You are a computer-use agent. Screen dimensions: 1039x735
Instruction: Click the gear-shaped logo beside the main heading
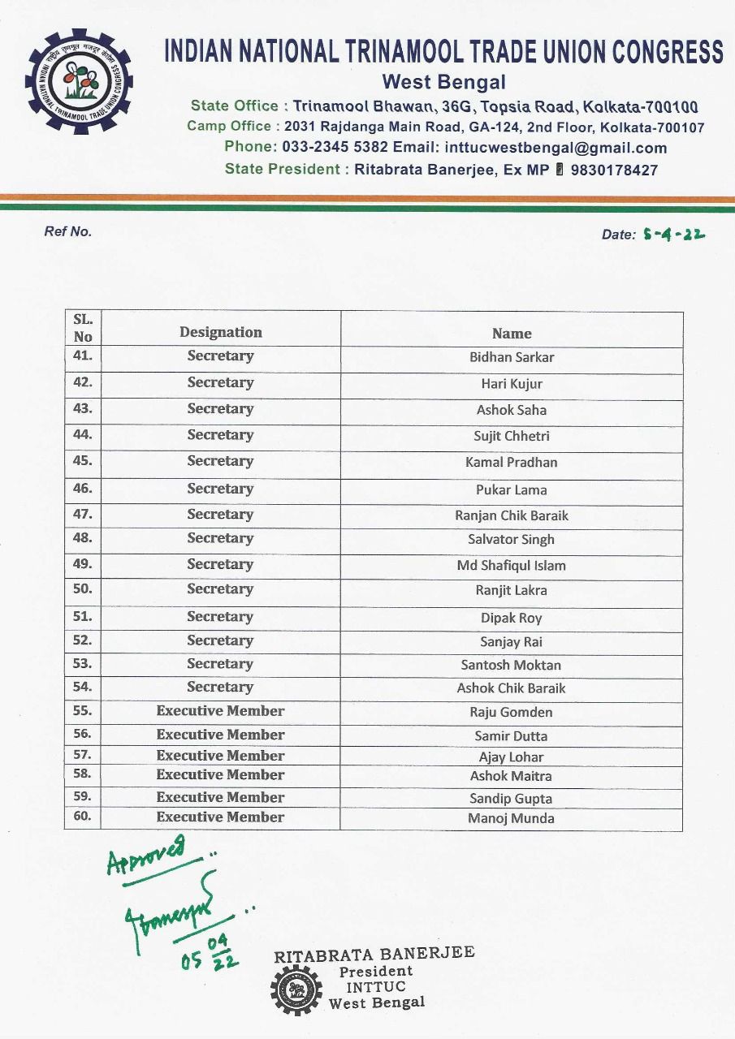pos(79,81)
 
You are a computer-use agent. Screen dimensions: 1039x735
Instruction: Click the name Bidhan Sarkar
pos(512,357)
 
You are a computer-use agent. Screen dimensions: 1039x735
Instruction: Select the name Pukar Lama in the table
pos(512,489)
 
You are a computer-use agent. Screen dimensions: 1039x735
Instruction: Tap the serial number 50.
pos(83,589)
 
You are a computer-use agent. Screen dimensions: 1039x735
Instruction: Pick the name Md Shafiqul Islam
pos(512,566)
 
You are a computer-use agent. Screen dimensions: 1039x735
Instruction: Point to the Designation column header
pos(221,332)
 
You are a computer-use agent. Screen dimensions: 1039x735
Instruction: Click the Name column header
pos(512,333)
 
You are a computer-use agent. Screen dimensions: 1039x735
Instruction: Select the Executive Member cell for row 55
pos(221,711)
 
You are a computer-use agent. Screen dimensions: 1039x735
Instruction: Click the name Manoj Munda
pos(512,818)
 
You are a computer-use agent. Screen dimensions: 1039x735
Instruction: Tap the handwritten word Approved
pos(146,855)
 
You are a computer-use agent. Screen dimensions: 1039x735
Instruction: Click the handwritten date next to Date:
pos(673,234)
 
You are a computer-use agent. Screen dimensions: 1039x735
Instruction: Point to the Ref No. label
pos(68,231)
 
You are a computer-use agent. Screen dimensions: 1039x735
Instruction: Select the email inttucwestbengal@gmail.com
pos(556,148)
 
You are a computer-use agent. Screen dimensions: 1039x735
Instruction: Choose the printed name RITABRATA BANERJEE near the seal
pos(374,955)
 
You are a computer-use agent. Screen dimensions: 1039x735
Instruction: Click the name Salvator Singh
pos(512,539)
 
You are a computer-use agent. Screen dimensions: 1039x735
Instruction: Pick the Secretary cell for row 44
pos(221,435)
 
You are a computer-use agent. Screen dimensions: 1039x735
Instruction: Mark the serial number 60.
pos(83,817)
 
